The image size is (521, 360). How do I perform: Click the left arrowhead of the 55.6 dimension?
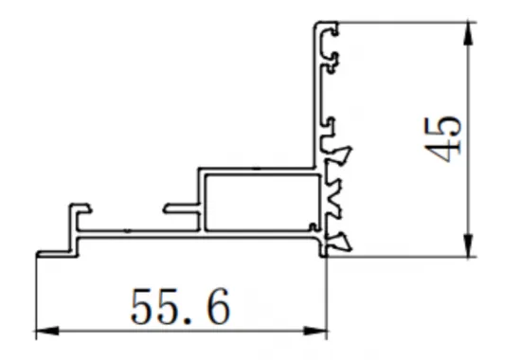43,333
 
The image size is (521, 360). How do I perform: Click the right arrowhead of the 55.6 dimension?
319,333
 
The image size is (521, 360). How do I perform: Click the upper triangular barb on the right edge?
344,152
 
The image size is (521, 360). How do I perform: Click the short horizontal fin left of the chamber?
180,206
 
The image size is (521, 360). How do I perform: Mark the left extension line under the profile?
36,294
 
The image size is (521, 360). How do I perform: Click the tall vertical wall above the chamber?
318,95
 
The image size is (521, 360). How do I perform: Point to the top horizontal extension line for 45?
407,21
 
